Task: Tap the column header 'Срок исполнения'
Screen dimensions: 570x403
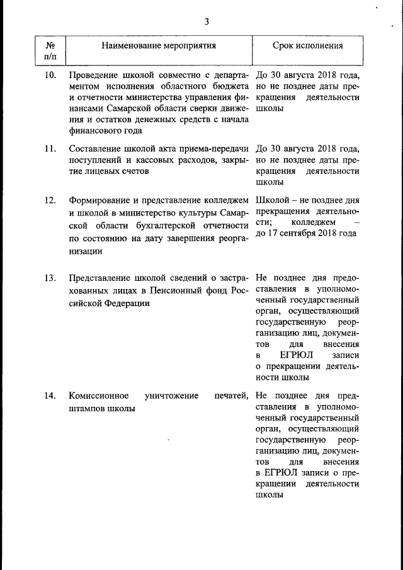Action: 308,46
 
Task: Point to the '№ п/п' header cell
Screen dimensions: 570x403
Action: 50,51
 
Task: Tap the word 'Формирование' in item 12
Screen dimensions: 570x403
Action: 99,200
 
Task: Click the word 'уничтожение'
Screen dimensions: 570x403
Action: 171,396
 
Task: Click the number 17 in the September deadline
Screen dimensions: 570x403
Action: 276,233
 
